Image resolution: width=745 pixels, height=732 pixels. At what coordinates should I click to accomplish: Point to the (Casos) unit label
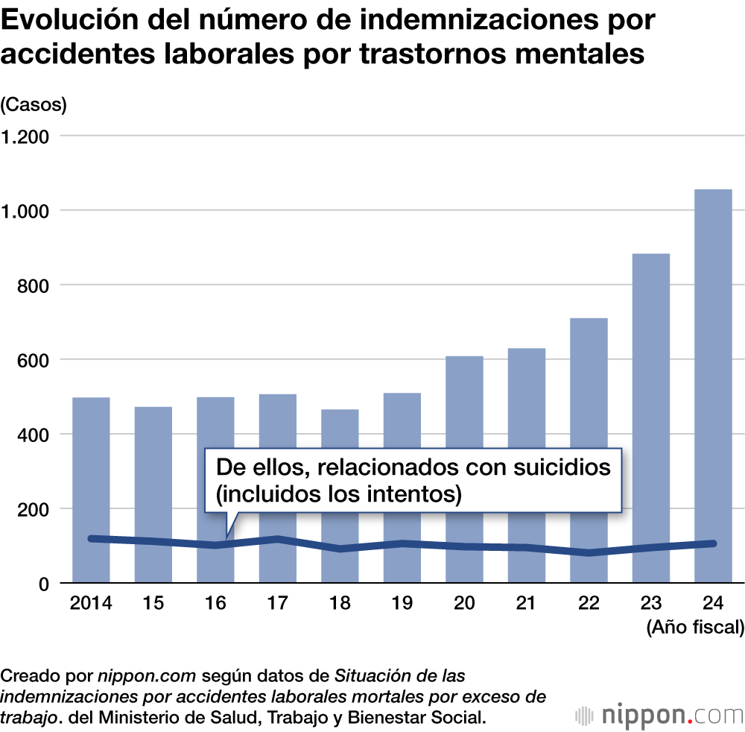pos(34,105)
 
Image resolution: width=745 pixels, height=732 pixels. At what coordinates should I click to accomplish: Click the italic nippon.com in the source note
pos(147,677)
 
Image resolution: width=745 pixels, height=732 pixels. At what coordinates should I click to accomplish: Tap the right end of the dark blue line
pos(713,543)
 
